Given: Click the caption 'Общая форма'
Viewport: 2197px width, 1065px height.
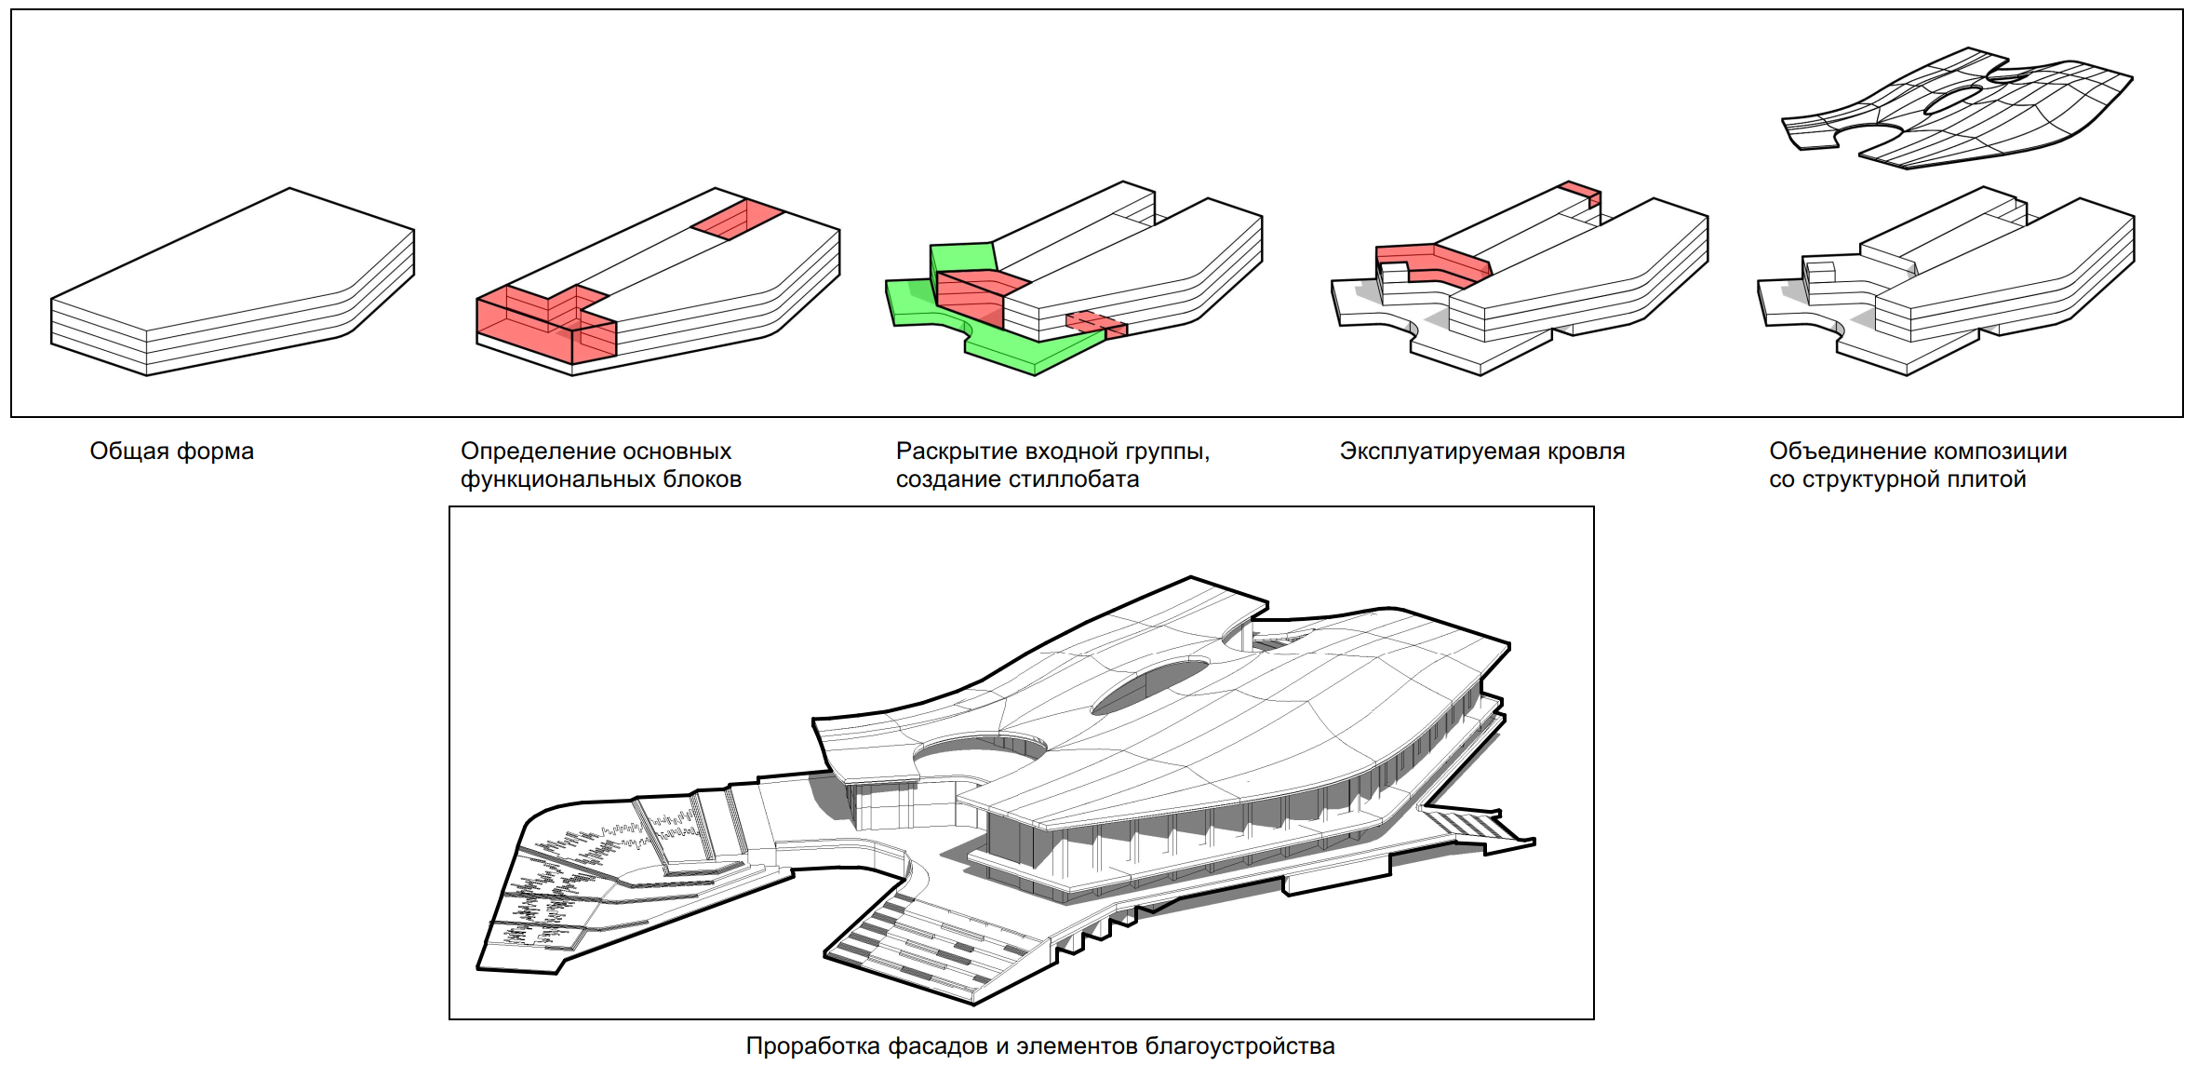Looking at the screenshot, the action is pos(172,452).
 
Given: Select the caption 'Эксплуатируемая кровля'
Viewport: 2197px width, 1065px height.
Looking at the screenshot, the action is pos(1482,452).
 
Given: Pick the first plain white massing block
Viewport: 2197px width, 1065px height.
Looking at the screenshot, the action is pos(233,282).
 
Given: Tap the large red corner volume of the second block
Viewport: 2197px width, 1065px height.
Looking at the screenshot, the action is pos(546,323).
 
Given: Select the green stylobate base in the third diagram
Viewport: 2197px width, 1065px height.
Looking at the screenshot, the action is pos(996,326).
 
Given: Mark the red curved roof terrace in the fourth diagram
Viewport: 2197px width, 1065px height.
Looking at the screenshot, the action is pos(1433,263).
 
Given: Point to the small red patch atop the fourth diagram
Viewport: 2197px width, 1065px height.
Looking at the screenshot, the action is pos(1581,193).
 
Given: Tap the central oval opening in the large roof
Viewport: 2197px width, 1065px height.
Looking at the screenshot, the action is pos(1150,685).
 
